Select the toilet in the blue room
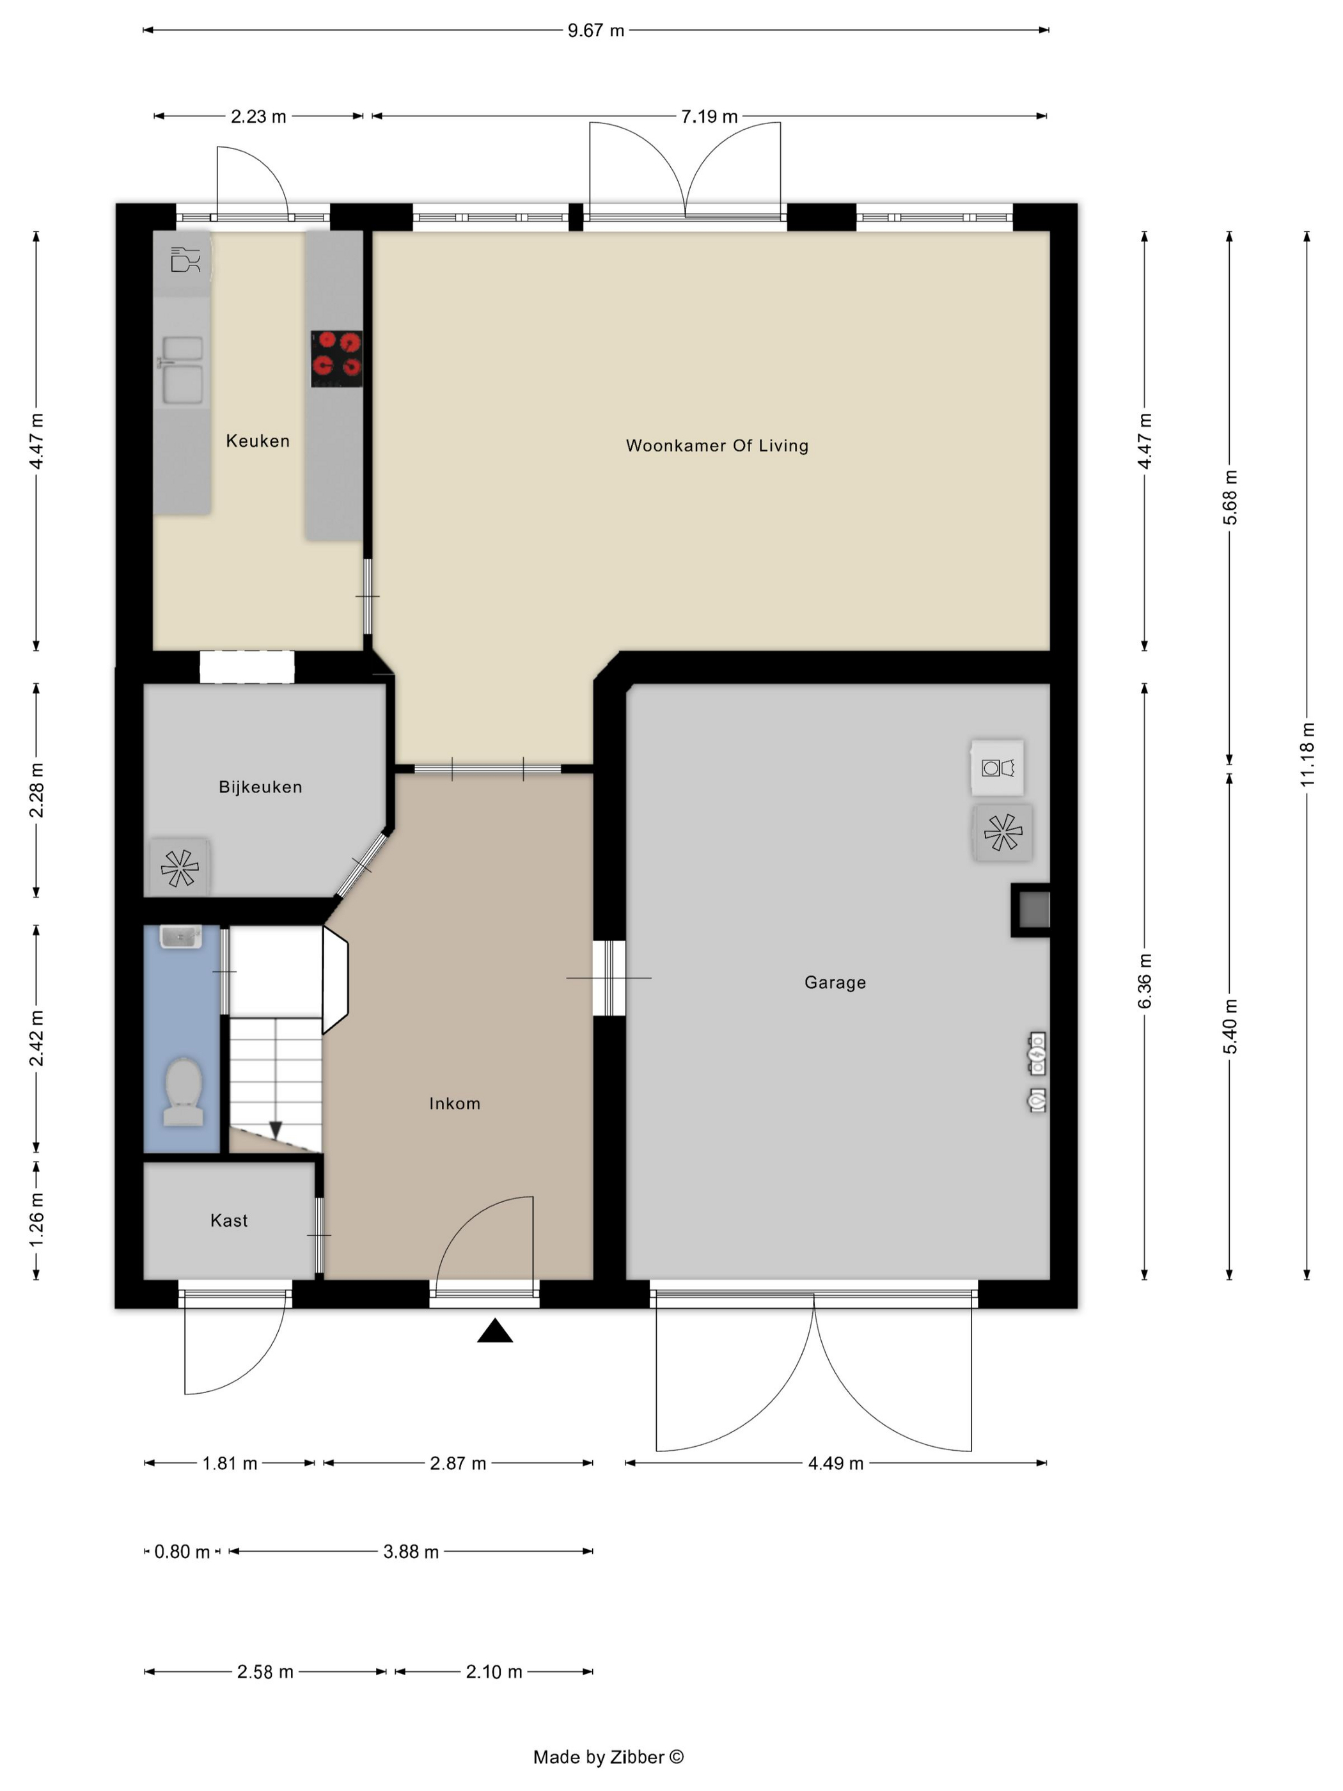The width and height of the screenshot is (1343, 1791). [183, 1091]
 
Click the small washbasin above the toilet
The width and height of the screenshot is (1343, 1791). [180, 937]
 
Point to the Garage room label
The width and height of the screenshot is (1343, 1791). [835, 982]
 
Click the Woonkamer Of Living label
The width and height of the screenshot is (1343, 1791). [716, 445]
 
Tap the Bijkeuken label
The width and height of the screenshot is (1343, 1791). [260, 787]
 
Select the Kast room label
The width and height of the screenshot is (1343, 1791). [229, 1220]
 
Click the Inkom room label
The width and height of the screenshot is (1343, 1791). [454, 1103]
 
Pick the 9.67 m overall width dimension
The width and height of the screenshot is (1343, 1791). [596, 31]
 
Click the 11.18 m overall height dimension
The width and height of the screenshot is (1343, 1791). [1307, 755]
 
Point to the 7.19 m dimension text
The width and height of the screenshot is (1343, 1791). [709, 116]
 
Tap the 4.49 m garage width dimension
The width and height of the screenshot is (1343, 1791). [835, 1463]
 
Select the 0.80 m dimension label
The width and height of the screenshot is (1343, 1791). [182, 1551]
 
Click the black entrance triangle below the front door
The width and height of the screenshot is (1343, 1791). [494, 1331]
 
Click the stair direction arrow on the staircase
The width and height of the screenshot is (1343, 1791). [275, 1130]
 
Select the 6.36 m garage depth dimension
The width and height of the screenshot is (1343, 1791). [1144, 981]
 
